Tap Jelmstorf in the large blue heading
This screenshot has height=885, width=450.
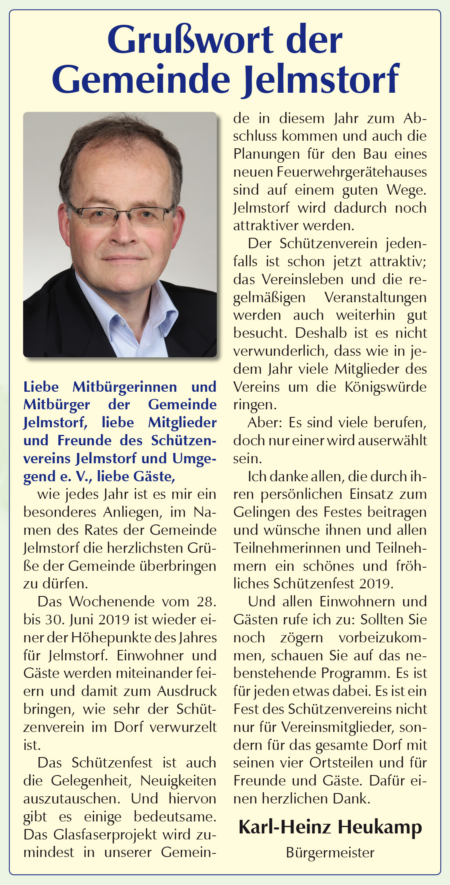pos(321,79)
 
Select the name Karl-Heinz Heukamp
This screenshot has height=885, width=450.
pos(330,827)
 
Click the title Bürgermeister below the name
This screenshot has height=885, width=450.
pos(330,853)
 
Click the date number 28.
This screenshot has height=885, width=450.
pos(206,602)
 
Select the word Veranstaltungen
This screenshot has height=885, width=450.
pos(375,298)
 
